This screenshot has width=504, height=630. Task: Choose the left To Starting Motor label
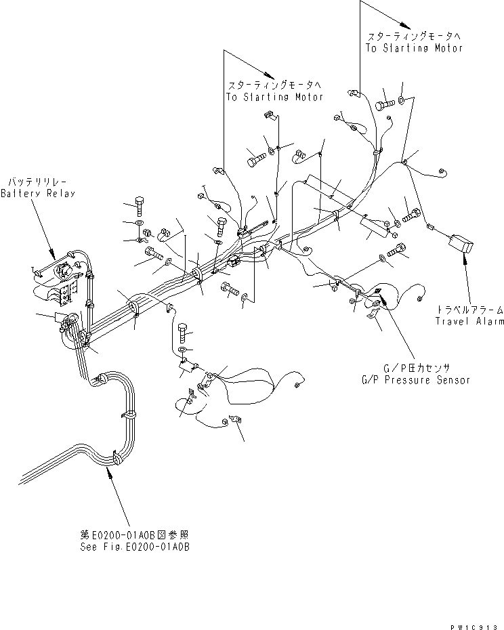pos(275,97)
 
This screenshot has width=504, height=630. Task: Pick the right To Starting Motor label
pos(414,48)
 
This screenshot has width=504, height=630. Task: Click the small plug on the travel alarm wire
pos(429,228)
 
